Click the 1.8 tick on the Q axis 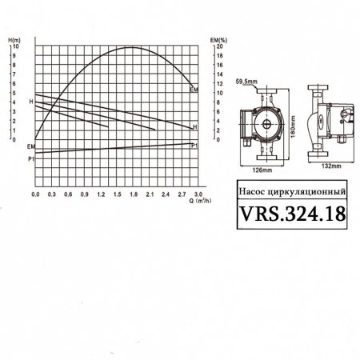coord(134,194)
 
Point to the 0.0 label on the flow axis coord(35,194)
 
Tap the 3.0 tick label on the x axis coord(198,194)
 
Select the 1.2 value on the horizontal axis coord(101,194)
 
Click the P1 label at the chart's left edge coord(30,159)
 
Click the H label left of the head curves coord(30,102)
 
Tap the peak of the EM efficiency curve coord(132,47)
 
